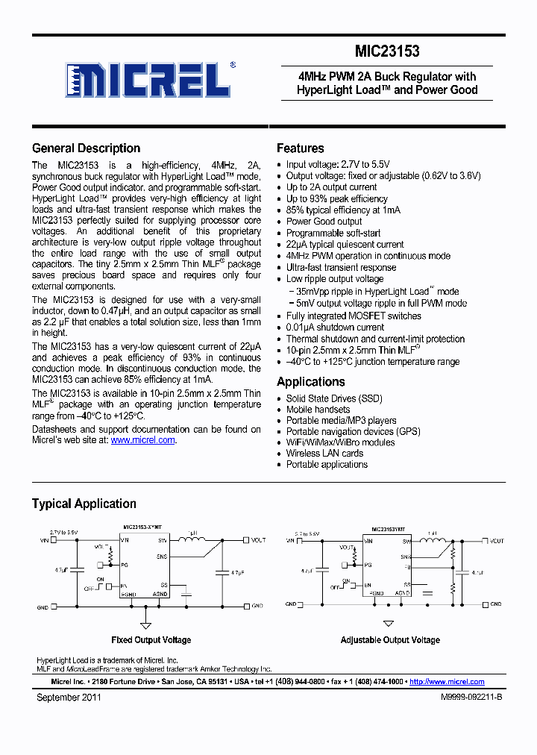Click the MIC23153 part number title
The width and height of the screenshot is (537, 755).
pyautogui.click(x=387, y=51)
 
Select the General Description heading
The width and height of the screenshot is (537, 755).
pyautogui.click(x=86, y=148)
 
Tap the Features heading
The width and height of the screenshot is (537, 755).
pyautogui.click(x=300, y=148)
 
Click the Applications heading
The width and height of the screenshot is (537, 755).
pyautogui.click(x=310, y=382)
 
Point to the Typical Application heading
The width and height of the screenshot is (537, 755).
pyautogui.click(x=84, y=504)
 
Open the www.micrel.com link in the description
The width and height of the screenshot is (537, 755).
pyautogui.click(x=142, y=440)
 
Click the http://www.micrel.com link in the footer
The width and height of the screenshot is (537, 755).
pyautogui.click(x=447, y=682)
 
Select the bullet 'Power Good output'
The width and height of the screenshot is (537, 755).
pyautogui.click(x=324, y=222)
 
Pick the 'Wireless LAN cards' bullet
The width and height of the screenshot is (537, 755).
pyautogui.click(x=324, y=453)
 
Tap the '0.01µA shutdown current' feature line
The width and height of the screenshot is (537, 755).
pyautogui.click(x=335, y=327)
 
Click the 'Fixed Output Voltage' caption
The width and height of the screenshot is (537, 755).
pyautogui.click(x=151, y=640)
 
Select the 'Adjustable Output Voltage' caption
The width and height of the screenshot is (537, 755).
pyautogui.click(x=390, y=640)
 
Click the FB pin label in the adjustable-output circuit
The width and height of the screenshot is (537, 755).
pyautogui.click(x=406, y=567)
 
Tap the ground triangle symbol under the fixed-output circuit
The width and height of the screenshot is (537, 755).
pyautogui.click(x=146, y=625)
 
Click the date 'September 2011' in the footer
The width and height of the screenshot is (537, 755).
pyautogui.click(x=69, y=698)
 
